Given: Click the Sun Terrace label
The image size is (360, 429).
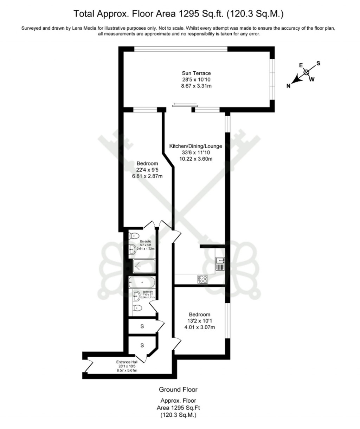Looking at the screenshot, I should [x=196, y=73].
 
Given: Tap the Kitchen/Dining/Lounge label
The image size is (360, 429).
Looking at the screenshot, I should [x=195, y=146].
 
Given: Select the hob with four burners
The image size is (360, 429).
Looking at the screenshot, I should [x=202, y=279].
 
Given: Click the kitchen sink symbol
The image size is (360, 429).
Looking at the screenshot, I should [x=221, y=261].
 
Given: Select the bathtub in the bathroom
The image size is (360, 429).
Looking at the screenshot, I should [x=143, y=281].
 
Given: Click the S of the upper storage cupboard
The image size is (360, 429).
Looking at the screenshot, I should [x=142, y=326].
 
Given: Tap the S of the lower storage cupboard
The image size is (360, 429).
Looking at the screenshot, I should [x=142, y=345].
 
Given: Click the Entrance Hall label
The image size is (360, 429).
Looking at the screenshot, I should [x=127, y=362].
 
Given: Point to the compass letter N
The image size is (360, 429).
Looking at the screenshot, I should [x=288, y=86].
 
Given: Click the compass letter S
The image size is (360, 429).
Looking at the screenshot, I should [x=318, y=63].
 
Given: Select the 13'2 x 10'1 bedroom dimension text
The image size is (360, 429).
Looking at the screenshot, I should [x=199, y=321].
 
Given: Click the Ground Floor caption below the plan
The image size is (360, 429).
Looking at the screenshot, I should [x=178, y=389].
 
